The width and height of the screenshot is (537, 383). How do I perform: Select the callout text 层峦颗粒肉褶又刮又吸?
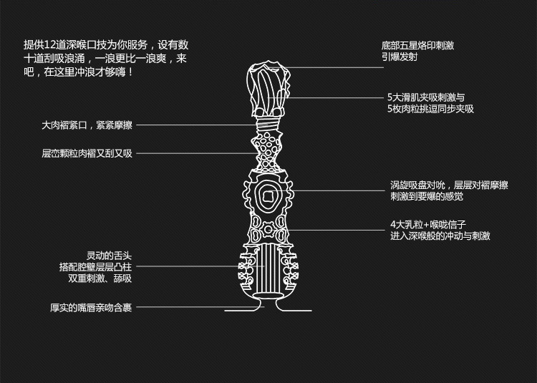(87, 153)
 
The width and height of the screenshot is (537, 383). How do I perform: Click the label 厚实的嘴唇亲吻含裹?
(91, 308)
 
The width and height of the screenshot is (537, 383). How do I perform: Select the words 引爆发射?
(400, 57)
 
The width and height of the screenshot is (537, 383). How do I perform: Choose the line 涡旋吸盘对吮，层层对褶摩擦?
(449, 185)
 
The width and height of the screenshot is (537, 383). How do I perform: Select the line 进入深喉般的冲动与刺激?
(440, 236)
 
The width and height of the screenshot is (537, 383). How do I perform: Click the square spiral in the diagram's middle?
(271, 195)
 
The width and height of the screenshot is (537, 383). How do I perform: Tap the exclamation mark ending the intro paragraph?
(130, 72)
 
